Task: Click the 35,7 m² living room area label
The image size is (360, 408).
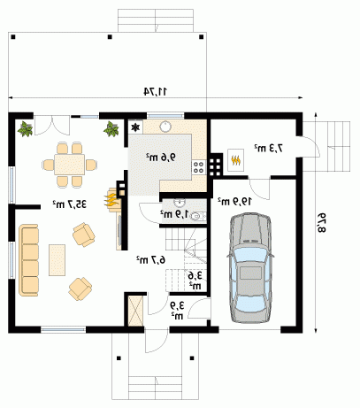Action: pos(70,204)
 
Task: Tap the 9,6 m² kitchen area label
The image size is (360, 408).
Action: pos(161,157)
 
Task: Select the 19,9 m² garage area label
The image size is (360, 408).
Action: pos(235,201)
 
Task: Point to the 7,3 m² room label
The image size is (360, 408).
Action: pos(269,148)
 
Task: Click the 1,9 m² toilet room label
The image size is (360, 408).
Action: pos(174,214)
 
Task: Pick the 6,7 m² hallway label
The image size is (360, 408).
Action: pos(150,259)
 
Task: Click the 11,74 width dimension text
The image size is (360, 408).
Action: pos(156,91)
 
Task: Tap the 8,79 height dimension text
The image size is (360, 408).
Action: pos(321,222)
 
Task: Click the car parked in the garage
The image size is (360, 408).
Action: pos(250,268)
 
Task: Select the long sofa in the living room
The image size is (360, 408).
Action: pos(28,260)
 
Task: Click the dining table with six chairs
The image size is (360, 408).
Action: pos(70,165)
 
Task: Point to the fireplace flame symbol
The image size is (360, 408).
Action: pos(111,200)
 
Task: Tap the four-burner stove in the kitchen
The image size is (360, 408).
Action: pos(198,167)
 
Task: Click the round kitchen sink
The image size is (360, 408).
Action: pos(165,127)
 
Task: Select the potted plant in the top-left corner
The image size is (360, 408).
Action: pos(25,129)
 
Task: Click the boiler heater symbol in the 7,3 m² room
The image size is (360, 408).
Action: pos(235,160)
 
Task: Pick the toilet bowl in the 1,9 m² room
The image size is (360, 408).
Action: pos(196,216)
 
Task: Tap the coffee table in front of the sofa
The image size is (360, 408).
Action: pos(57,260)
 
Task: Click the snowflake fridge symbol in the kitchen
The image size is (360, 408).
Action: pos(135,127)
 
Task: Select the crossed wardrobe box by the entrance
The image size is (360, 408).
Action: pos(135,311)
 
